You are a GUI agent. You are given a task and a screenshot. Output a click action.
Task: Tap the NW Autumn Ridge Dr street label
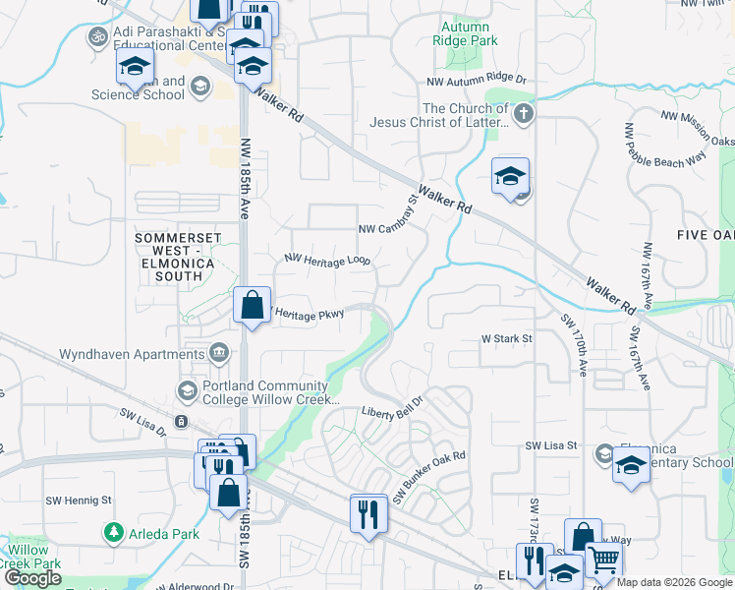(478, 80)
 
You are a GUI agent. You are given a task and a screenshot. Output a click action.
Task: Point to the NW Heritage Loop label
(327, 260)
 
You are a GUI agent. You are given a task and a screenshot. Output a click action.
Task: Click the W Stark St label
(506, 338)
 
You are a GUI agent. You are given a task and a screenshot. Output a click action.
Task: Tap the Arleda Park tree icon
(114, 534)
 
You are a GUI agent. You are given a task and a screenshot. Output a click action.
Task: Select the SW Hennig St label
(79, 501)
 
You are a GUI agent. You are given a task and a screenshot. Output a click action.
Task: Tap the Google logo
(32, 578)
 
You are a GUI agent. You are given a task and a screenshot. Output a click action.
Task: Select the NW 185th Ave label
(245, 176)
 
